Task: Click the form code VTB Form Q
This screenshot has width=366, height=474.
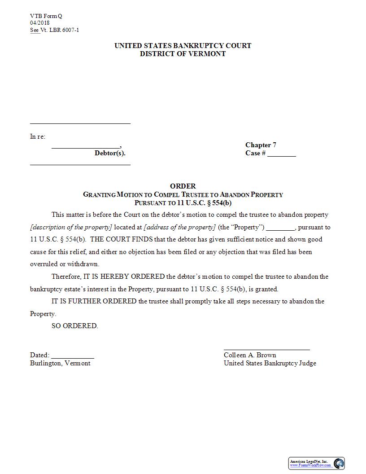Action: click(46, 16)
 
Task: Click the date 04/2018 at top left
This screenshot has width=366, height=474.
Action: click(40, 23)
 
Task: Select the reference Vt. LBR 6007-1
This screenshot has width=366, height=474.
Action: click(60, 30)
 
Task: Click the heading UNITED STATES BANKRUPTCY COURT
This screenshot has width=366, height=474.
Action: click(183, 46)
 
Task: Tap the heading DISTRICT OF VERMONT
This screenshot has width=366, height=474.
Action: click(183, 54)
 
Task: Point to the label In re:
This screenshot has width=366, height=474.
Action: click(38, 136)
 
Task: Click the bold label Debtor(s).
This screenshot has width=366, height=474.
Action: click(110, 153)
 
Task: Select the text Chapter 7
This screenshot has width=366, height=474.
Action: click(261, 145)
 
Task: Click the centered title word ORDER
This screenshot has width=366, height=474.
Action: click(183, 186)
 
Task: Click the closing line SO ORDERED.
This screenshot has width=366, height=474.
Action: click(74, 326)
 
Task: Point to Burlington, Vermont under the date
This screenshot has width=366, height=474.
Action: click(60, 363)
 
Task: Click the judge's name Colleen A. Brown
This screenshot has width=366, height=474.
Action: click(250, 355)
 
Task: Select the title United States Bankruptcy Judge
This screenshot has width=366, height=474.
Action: click(270, 363)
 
